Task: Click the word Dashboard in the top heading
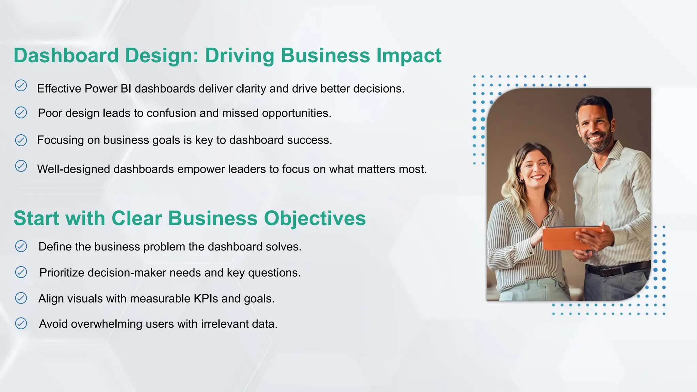click(66, 55)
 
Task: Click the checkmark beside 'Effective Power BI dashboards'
click(21, 85)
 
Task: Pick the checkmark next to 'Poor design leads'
click(21, 112)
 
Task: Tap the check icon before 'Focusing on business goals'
click(21, 140)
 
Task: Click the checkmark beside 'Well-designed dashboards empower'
click(21, 166)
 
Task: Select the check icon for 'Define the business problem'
click(21, 246)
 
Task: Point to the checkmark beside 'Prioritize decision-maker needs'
click(21, 272)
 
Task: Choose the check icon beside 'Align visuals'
click(21, 298)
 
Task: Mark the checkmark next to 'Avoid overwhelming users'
click(21, 323)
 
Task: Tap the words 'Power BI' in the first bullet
click(108, 89)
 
